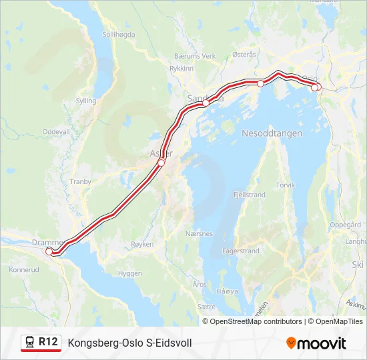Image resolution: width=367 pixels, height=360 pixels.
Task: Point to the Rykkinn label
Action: tap(181, 68)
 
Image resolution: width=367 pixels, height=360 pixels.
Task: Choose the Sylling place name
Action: tap(85, 101)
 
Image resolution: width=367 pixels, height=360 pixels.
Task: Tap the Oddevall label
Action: tap(55, 132)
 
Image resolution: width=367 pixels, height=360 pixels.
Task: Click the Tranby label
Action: tap(79, 181)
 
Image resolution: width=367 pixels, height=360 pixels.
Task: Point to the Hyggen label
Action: tap(129, 273)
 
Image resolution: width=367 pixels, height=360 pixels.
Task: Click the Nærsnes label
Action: tap(199, 234)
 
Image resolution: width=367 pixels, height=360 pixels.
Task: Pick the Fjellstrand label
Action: tap(250, 195)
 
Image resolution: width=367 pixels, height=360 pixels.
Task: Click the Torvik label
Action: tap(285, 185)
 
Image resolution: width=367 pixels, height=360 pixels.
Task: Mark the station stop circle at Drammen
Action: tap(49, 251)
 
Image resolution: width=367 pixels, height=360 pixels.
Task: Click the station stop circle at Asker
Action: tap(161, 163)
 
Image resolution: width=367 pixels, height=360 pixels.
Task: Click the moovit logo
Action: tap(316, 343)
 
